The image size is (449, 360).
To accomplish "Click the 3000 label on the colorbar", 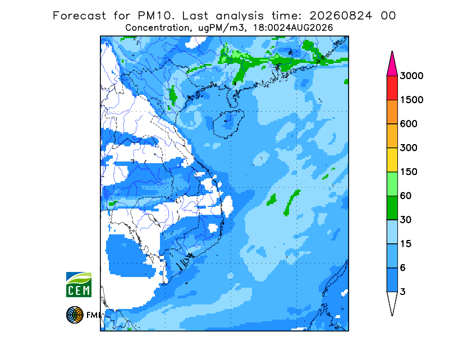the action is pos(411,76).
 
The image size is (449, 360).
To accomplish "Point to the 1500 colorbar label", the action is pos(411,100).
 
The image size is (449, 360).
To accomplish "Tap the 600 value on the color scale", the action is pos(409,124).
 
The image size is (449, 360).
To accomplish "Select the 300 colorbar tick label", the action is pos(409,148).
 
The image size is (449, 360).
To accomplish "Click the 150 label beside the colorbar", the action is pos(409,172).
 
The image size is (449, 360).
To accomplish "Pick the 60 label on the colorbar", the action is pos(406,196).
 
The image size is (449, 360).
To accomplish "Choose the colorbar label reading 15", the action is pos(406,244).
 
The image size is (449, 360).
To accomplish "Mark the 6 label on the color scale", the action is pos(403,268).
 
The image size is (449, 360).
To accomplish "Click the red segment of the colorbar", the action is pos(392,88).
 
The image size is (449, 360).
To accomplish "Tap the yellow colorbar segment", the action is pos(392,160).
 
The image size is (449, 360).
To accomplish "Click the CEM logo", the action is pos(79,284).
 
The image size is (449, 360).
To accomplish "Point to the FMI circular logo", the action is pos(75,315).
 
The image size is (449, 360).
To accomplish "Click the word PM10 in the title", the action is pos(155,16).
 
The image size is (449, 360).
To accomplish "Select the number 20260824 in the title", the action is pos(341,16).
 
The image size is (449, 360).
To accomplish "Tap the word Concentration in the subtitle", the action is pos(157,28).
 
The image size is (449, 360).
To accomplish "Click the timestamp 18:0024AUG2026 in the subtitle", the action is pos(297,28).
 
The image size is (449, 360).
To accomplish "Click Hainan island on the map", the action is pos(228,123).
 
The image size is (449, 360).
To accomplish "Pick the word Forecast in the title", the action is pos(79,16).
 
